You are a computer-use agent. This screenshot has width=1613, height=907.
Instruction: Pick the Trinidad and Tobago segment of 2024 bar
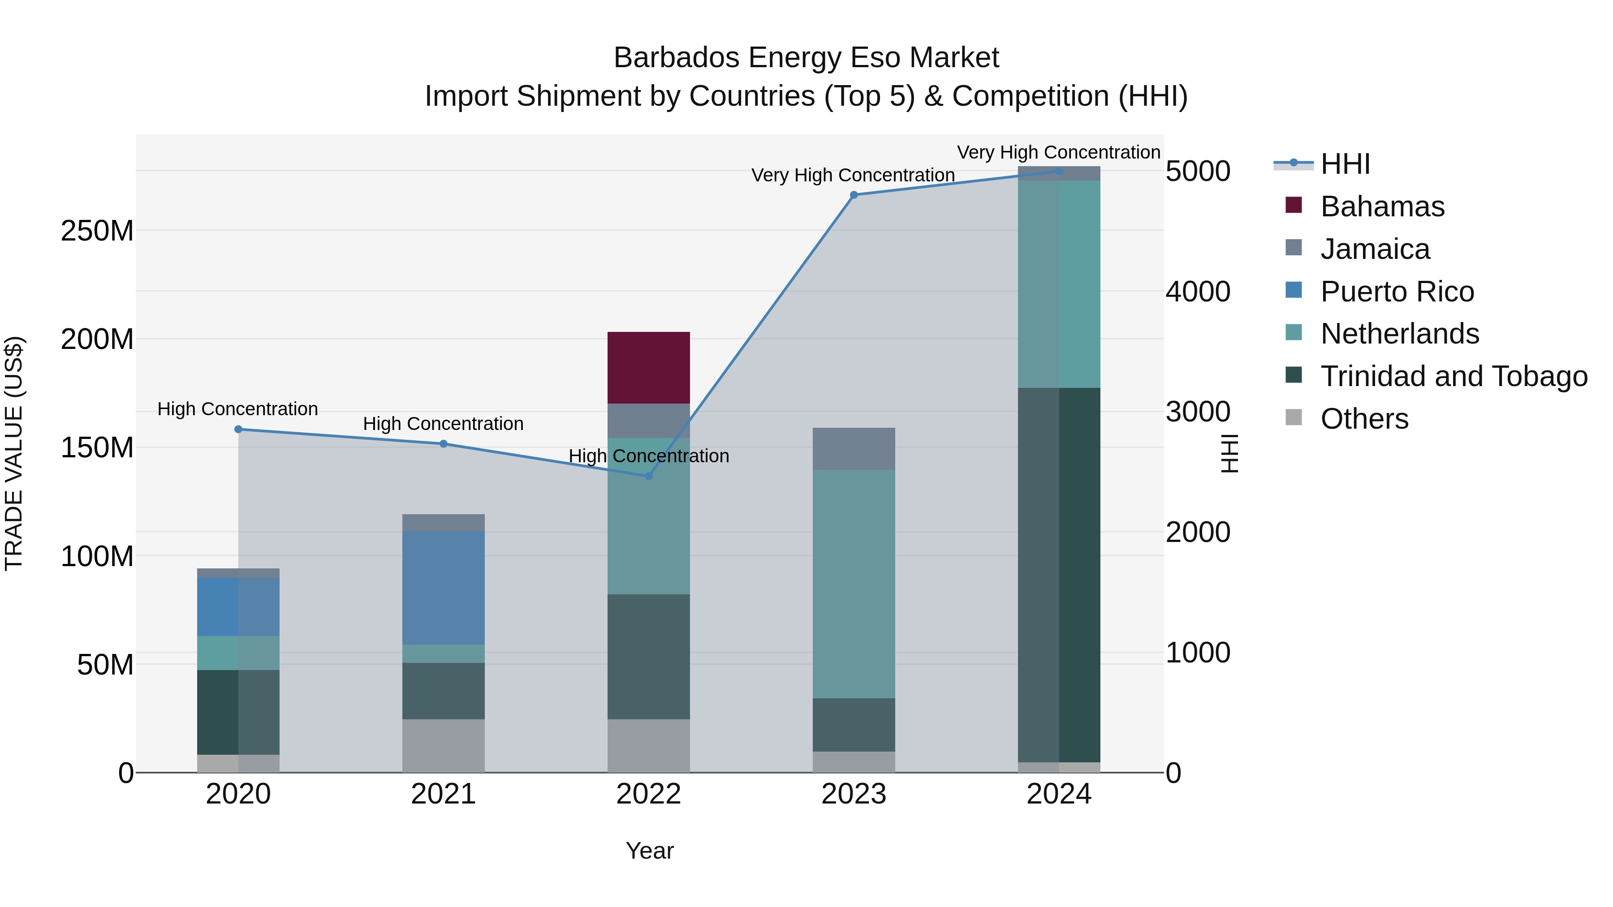tap(1058, 574)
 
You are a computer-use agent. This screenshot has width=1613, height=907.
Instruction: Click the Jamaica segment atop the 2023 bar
tap(854, 448)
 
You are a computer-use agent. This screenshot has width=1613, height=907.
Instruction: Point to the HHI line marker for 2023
tap(854, 195)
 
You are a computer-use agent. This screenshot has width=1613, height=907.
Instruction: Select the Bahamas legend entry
tap(1381, 206)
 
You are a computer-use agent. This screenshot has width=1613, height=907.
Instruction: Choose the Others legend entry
tap(1364, 419)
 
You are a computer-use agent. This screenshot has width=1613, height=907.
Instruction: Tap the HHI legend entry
tap(1344, 164)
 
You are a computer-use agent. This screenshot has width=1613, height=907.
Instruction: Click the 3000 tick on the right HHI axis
tap(1197, 412)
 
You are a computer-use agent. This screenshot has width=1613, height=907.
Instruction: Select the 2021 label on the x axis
tap(443, 794)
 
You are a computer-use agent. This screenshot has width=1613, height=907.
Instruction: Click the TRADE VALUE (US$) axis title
tap(14, 453)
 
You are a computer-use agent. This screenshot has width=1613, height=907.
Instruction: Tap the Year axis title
tap(649, 851)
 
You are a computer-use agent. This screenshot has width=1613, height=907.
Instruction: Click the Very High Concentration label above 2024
tap(1058, 152)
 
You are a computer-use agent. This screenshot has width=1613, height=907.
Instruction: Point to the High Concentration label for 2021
tap(443, 424)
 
